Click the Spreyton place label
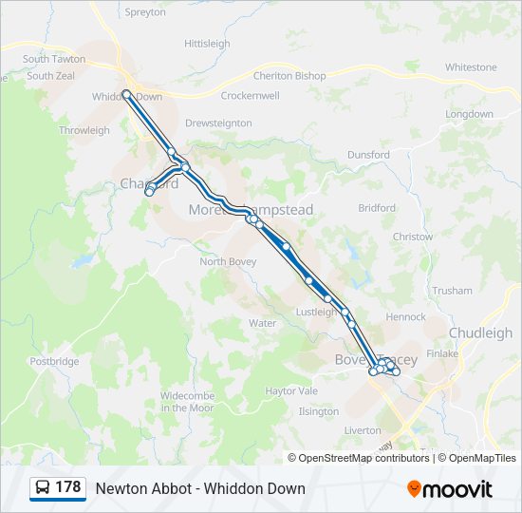click(145, 12)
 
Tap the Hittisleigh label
click(207, 44)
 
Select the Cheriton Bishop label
click(289, 76)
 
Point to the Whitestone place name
click(471, 67)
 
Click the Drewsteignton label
click(218, 123)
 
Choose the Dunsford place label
click(368, 155)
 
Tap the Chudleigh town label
click(480, 333)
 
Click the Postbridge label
click(54, 362)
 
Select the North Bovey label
click(226, 262)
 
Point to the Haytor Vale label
click(291, 390)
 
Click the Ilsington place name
click(318, 411)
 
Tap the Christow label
click(412, 237)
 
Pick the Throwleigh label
click(84, 130)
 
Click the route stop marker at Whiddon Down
click(126, 93)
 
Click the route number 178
click(67, 487)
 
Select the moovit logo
click(450, 489)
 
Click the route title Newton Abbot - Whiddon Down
click(200, 488)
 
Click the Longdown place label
click(469, 114)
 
